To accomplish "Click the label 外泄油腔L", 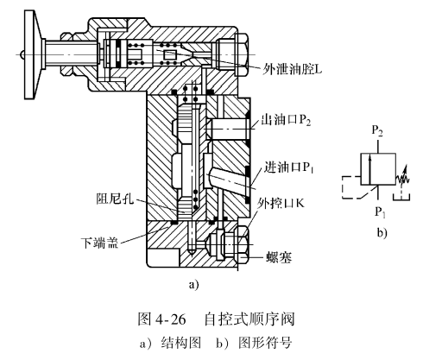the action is click(x=292, y=69).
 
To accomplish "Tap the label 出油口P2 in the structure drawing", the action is click(x=286, y=120).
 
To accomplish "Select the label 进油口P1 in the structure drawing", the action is click(x=288, y=167).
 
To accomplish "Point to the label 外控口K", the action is click(x=281, y=203).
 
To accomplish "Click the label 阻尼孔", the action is click(x=115, y=199).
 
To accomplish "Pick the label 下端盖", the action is click(x=99, y=243).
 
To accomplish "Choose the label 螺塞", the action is click(x=279, y=257).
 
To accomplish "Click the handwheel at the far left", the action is click(x=33, y=54).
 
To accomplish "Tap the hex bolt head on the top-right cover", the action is click(x=241, y=54).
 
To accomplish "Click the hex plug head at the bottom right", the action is click(x=242, y=244).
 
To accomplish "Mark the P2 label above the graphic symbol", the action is click(x=377, y=131).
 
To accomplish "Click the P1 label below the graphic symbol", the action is click(x=380, y=212).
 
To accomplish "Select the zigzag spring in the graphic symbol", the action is click(x=403, y=176).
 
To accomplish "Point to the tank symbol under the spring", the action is click(x=401, y=197).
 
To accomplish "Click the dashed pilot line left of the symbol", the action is click(x=342, y=187).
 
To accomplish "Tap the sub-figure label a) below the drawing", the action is click(x=193, y=284).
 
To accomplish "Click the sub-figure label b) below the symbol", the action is click(x=382, y=232).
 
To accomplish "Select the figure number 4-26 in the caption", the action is click(x=170, y=319).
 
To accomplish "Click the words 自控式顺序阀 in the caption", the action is click(x=249, y=319).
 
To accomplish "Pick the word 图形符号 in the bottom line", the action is click(x=265, y=343).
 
